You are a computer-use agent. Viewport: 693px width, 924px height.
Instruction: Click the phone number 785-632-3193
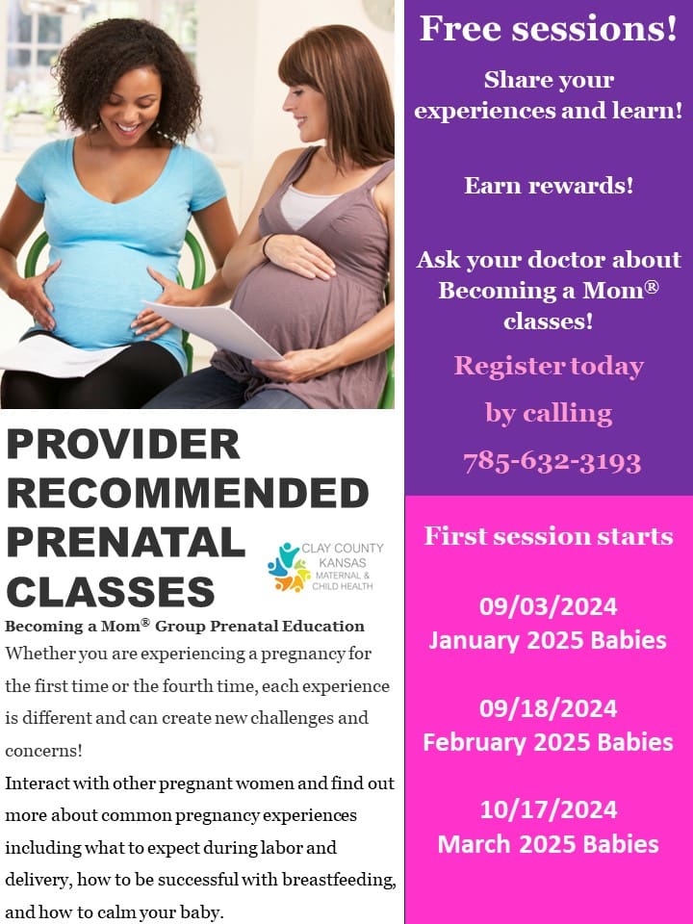(x=552, y=463)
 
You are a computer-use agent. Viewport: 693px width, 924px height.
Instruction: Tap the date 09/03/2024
(x=548, y=606)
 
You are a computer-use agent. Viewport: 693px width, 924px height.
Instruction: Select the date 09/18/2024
(x=548, y=708)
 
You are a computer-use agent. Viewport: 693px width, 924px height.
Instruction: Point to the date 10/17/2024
(x=548, y=809)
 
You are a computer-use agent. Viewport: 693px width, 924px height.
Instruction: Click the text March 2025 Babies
(x=548, y=844)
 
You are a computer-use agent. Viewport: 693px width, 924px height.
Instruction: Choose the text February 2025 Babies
(x=548, y=742)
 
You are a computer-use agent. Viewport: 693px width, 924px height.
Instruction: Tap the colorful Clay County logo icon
(x=289, y=567)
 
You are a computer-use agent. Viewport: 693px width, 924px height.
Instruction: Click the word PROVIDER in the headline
(x=123, y=444)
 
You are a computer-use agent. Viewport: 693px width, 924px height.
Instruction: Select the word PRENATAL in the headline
(x=125, y=542)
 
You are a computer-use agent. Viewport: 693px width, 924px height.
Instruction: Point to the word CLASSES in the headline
(x=111, y=591)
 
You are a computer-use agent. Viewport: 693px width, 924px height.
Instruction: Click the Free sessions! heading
(x=549, y=28)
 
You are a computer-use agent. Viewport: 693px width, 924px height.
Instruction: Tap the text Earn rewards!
(x=549, y=185)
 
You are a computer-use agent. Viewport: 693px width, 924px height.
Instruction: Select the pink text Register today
(x=549, y=367)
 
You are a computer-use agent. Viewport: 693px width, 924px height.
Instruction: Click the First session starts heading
(x=549, y=536)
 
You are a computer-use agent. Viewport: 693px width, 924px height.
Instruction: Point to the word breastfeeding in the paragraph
(x=339, y=879)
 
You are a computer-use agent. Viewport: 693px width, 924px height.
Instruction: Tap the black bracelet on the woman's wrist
(x=266, y=244)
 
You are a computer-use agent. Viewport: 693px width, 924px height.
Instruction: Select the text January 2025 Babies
(x=548, y=641)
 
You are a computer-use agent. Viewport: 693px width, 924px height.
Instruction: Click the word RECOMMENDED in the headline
(x=188, y=493)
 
